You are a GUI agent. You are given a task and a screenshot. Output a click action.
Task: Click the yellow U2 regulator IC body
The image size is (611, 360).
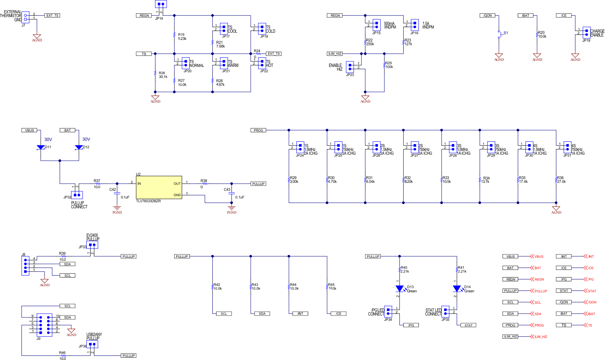(159, 187)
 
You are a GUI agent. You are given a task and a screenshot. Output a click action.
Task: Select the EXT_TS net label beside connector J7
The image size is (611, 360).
(52, 16)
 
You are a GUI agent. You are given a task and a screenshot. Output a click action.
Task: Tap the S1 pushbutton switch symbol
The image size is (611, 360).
(499, 35)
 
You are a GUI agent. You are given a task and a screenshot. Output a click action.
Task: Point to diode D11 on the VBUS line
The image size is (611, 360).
(41, 147)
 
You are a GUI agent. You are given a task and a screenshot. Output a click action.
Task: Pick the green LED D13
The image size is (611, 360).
(399, 289)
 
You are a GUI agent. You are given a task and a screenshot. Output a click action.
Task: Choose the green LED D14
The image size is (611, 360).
(457, 289)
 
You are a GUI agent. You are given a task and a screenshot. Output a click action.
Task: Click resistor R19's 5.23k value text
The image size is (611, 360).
(182, 39)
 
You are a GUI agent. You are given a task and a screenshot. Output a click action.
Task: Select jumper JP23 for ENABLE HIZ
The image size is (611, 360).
(350, 67)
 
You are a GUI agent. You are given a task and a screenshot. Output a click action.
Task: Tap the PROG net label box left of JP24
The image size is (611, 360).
(258, 130)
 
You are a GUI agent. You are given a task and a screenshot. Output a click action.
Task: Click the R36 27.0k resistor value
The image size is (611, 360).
(561, 182)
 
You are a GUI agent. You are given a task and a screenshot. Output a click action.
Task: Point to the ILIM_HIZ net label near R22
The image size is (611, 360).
(335, 54)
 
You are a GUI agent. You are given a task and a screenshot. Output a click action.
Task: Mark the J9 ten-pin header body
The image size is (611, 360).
(45, 325)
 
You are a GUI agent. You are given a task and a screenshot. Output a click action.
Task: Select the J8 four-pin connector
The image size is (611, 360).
(25, 266)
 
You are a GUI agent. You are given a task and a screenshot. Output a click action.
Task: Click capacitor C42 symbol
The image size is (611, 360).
(117, 193)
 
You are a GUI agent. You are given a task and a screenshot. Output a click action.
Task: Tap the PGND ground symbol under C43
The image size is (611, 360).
(231, 209)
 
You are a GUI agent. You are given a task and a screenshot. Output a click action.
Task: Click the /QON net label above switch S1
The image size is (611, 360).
(487, 16)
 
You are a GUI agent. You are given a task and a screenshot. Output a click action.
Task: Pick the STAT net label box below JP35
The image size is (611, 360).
(468, 325)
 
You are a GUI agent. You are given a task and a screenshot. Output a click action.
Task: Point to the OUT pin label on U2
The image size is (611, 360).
(177, 184)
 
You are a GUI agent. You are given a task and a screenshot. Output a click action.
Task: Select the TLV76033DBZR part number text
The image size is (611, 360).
(148, 201)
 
